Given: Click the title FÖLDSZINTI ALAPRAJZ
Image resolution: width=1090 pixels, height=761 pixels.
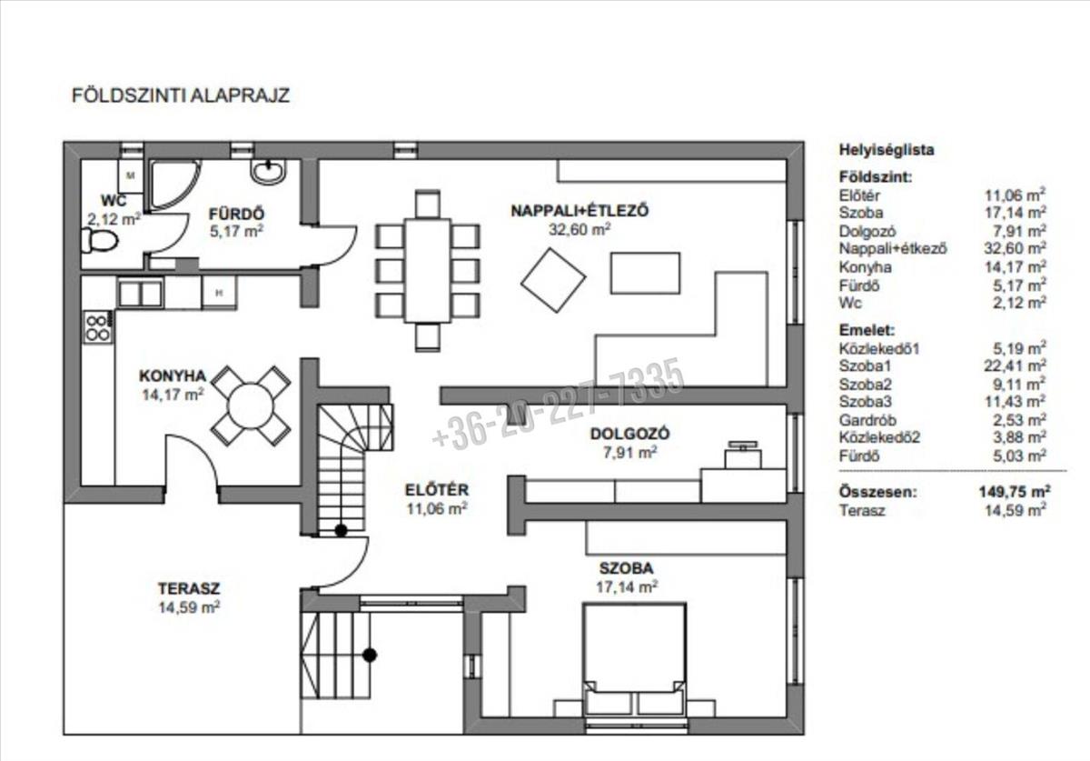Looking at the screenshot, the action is pos(181,95).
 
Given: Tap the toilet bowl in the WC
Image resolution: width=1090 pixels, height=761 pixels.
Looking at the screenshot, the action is pos(100,241).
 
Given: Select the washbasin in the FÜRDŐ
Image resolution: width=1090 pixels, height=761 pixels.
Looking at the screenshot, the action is pos(268,172).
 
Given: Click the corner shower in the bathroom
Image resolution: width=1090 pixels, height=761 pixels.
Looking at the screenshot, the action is pos(174,185).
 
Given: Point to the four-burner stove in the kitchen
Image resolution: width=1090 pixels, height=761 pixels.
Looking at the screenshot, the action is pos(98,327).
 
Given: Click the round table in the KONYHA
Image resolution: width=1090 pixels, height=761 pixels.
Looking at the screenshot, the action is pos(251,406).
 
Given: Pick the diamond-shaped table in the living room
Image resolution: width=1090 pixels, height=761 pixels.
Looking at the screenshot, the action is pos(553,280).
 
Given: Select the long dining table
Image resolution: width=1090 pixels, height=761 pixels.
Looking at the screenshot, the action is pos(428,271).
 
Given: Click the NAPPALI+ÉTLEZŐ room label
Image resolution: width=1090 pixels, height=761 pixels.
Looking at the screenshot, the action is pos(580,211).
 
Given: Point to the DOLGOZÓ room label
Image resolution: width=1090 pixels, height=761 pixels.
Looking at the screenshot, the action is pos(630,434).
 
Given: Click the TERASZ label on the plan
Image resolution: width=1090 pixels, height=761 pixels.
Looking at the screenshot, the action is pos(189,588).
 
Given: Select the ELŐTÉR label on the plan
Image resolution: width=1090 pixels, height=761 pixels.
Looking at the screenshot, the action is pos(437,490).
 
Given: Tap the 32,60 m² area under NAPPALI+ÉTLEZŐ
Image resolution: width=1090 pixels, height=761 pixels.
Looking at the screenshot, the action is pos(580,229).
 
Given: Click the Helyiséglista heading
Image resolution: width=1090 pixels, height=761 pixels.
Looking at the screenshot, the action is pos(887,150).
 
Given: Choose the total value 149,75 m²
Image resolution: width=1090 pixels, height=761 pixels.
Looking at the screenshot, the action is pos(1015,492).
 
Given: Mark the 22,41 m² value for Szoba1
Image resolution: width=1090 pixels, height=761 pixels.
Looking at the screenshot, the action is pos(1016,365).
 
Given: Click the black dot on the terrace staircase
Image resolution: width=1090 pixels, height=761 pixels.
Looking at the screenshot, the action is pos(370,656).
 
